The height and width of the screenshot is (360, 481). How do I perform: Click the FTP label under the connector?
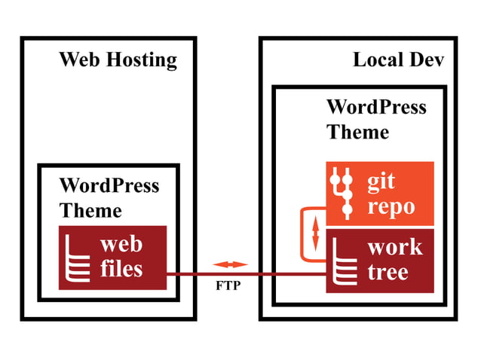tap(228, 285)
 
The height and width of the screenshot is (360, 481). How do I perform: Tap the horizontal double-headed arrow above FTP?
tap(230, 264)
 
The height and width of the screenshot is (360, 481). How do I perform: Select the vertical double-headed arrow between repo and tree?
tap(315, 233)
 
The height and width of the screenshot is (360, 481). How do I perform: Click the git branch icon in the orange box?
tap(342, 194)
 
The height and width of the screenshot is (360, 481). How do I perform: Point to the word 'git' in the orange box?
tap(381, 182)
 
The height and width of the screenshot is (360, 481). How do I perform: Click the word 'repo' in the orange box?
tap(391, 208)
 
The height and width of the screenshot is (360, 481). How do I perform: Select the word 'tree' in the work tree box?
tap(388, 272)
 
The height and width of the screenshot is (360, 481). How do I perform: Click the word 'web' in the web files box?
tap(121, 244)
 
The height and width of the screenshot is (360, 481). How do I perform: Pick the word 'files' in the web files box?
tap(121, 268)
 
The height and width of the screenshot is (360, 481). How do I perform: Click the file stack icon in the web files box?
tap(78, 258)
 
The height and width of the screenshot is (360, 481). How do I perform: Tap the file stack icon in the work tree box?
tap(345, 261)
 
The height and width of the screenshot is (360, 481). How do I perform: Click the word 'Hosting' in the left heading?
tap(142, 60)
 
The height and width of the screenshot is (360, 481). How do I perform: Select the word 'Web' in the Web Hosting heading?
tap(79, 59)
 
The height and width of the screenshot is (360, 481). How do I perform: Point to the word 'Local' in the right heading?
tap(378, 59)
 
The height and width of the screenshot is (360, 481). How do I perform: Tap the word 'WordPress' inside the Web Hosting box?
tap(109, 185)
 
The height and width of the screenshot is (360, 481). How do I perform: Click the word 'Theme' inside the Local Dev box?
tap(357, 132)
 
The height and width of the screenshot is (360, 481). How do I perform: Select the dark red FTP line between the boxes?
tap(246, 274)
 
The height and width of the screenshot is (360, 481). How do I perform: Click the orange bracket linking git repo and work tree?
tap(302, 235)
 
